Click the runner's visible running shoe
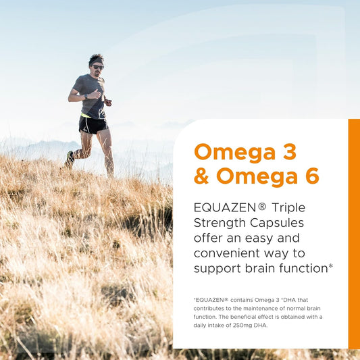pyautogui.click(x=70, y=159)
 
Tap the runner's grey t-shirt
pyautogui.click(x=91, y=95)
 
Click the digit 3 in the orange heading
pyautogui.click(x=288, y=152)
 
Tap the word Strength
pyautogui.click(x=221, y=223)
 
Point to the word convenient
pyautogui.click(x=228, y=253)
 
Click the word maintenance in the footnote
pyautogui.click(x=270, y=307)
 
